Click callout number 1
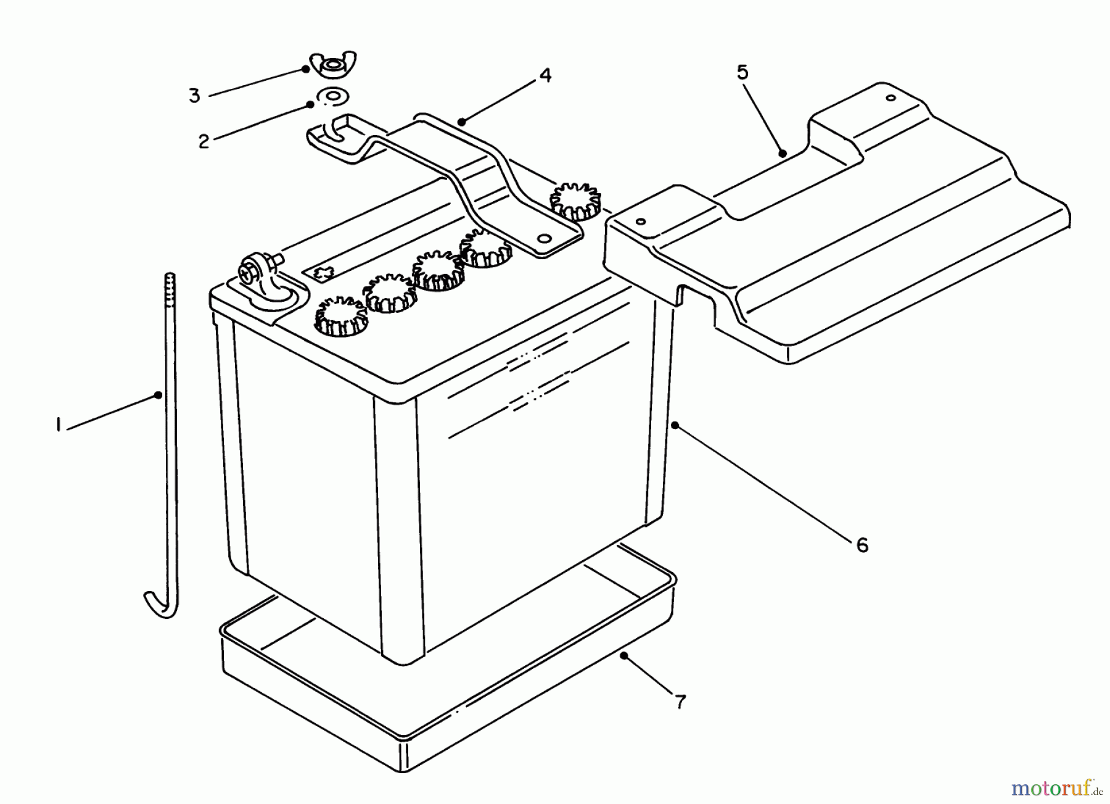(x=58, y=425)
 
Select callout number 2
(x=204, y=141)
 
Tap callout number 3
(x=194, y=96)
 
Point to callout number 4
(x=545, y=76)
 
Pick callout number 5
(x=742, y=73)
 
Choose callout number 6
(x=861, y=545)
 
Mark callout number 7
(x=680, y=702)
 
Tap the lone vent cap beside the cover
(x=575, y=201)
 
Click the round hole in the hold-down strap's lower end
(x=543, y=239)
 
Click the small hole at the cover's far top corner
(x=890, y=97)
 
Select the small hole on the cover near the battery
(x=641, y=221)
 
